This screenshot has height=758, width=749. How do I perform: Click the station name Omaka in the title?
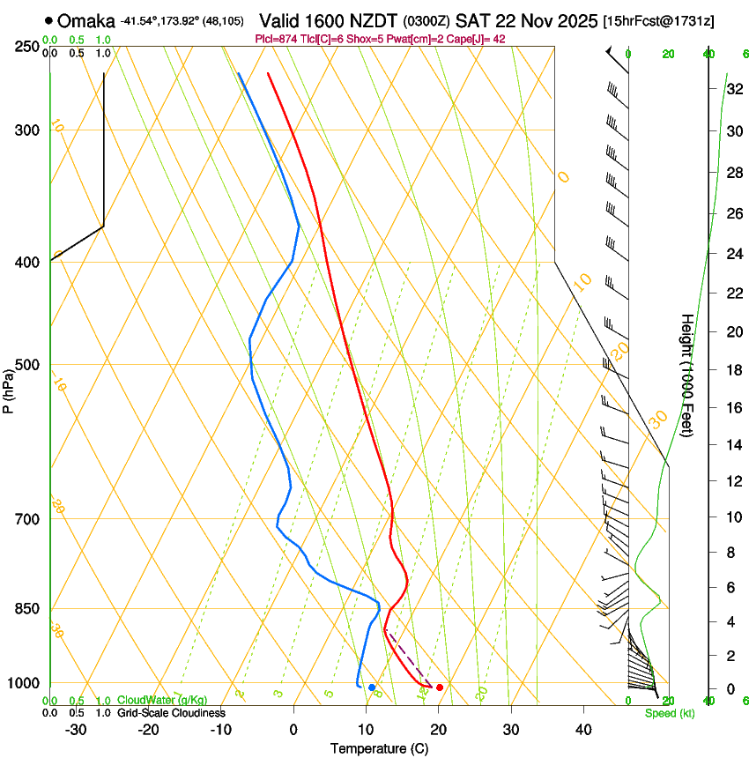86,21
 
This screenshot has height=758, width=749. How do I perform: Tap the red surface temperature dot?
440,687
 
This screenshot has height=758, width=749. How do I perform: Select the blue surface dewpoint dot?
372,687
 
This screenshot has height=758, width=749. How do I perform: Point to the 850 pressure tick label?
27,609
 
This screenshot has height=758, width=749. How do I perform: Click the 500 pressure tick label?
27,365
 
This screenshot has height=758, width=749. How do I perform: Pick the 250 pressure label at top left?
27,47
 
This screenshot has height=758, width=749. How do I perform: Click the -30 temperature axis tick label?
76,729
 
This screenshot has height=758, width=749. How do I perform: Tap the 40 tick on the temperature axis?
583,729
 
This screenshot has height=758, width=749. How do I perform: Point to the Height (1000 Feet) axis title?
687,375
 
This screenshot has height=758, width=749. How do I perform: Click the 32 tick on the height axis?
732,88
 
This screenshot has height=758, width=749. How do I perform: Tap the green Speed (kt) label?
664,712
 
